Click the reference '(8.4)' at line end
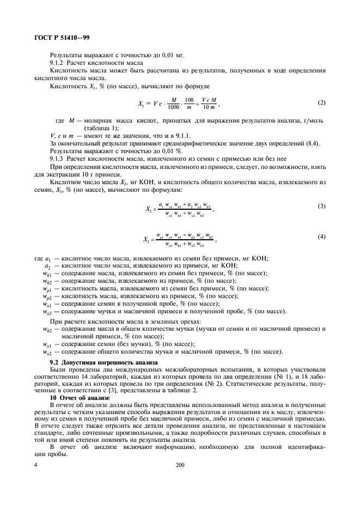(311, 143)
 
